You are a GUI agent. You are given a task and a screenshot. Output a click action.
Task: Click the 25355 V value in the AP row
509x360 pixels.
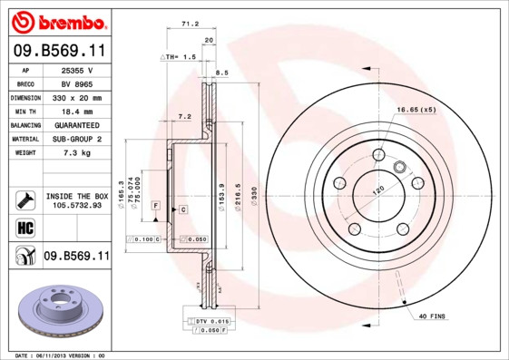tap(76, 69)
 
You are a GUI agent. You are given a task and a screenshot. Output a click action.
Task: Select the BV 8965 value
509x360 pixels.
tap(76, 83)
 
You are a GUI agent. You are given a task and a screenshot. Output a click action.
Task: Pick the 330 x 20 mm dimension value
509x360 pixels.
tap(76, 97)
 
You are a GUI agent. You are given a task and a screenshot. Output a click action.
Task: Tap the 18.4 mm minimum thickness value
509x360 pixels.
tap(76, 111)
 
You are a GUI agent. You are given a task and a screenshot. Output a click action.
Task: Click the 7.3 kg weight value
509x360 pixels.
tap(76, 153)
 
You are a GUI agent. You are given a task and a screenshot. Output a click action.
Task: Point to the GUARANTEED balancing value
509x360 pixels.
tap(76, 125)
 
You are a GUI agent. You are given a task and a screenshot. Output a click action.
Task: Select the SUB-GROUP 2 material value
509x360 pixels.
tap(76, 139)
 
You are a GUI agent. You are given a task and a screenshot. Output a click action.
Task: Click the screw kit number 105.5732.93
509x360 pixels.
tap(76, 205)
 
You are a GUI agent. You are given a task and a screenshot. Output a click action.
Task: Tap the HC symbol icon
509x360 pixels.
tap(24, 227)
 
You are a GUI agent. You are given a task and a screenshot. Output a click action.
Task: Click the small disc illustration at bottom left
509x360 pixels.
tap(56, 309)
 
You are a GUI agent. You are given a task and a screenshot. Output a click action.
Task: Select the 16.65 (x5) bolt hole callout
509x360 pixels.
tap(416, 110)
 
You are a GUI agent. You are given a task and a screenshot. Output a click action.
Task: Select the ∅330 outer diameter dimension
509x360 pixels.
tap(254, 196)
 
